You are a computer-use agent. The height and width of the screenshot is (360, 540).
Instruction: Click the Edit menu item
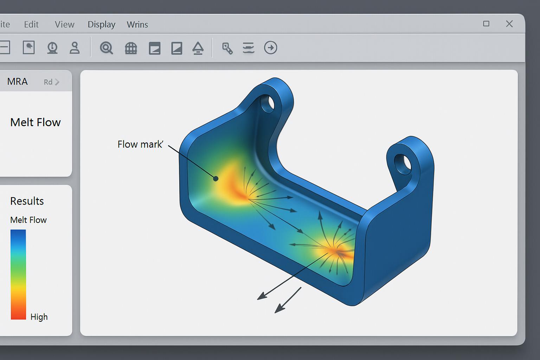[x=31, y=24]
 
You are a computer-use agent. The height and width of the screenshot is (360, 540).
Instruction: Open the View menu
[x=64, y=24]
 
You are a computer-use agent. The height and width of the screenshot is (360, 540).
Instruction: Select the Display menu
[x=101, y=24]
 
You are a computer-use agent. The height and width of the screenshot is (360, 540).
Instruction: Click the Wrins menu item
[x=137, y=24]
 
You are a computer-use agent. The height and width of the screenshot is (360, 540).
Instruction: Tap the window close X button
[x=509, y=24]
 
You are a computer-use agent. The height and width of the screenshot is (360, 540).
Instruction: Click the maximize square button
[x=486, y=24]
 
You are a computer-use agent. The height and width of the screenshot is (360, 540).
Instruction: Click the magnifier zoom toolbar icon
[x=106, y=47]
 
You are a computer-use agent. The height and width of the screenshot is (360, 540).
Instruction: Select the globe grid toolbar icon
[x=131, y=48]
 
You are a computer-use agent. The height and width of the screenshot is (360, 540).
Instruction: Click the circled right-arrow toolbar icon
[x=270, y=47]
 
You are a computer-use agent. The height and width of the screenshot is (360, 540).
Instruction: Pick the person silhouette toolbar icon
[x=75, y=47]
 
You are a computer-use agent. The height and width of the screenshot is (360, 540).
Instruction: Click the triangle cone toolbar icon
[x=198, y=48]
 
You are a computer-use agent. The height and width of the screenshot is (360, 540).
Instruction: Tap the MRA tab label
[x=17, y=82]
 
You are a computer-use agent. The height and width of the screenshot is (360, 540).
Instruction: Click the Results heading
[x=27, y=201]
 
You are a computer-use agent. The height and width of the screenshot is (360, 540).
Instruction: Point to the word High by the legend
[x=39, y=317]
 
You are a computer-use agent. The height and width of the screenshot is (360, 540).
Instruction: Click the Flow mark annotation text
[x=140, y=144]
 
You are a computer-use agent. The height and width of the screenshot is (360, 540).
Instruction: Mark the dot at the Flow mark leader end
[x=216, y=179]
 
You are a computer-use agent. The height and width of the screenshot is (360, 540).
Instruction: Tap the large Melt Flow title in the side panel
[x=36, y=122]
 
